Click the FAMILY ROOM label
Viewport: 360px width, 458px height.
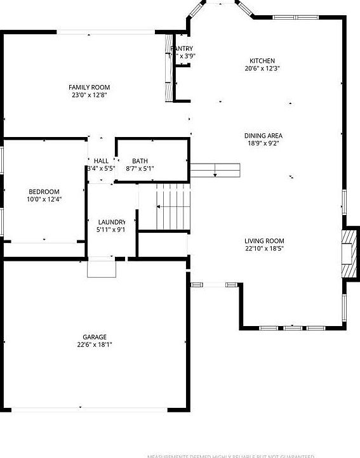click(90, 87)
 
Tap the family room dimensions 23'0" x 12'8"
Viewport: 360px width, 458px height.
click(90, 95)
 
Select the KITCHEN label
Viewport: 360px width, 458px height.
click(262, 60)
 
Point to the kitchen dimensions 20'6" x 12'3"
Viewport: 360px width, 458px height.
click(262, 69)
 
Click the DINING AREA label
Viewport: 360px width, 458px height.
click(263, 135)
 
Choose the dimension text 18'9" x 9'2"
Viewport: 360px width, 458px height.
click(263, 143)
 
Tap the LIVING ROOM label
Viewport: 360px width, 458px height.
click(264, 241)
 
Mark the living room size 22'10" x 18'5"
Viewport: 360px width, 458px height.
click(264, 249)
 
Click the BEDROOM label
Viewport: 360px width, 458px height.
click(44, 192)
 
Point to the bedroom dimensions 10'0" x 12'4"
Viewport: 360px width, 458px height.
click(44, 200)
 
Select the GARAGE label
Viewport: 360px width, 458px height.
click(95, 337)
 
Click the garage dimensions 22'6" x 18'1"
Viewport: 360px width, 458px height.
click(95, 345)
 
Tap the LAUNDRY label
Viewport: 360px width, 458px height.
click(111, 221)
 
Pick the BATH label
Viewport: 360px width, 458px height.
click(140, 160)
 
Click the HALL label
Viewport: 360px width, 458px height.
click(101, 160)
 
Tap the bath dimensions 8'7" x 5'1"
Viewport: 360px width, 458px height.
click(140, 169)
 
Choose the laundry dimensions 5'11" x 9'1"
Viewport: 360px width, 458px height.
click(111, 230)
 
